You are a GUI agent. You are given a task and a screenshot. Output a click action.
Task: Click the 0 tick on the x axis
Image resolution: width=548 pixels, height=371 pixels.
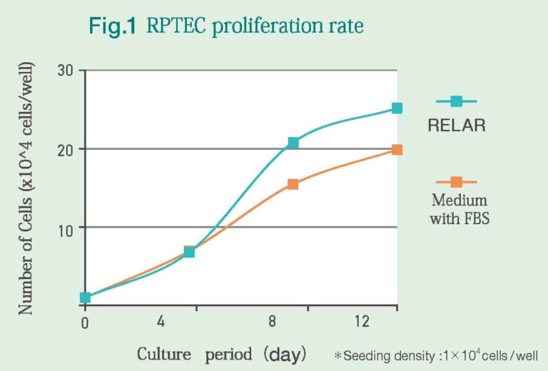click(85, 322)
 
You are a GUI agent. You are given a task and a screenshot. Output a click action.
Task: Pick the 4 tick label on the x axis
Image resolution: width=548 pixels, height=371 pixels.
click(161, 322)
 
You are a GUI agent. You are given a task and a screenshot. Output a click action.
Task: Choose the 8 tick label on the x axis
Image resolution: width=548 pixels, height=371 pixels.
click(273, 322)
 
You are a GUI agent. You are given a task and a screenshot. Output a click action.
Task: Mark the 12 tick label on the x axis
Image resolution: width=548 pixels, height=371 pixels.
click(362, 322)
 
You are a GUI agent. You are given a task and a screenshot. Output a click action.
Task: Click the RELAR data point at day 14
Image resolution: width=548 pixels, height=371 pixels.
click(397, 108)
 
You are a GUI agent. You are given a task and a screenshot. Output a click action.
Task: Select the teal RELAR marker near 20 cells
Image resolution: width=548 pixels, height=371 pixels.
click(293, 143)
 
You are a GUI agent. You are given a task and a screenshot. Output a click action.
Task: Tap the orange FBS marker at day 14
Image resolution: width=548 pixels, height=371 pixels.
click(397, 150)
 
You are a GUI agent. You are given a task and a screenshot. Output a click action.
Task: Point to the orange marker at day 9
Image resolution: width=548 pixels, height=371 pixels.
click(293, 184)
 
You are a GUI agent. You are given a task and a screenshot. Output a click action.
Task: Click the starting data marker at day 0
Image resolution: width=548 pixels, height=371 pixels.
click(85, 298)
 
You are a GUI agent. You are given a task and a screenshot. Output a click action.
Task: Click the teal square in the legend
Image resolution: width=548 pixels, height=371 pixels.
click(457, 101)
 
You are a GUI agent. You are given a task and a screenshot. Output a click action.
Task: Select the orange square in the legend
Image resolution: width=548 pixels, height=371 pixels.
click(457, 182)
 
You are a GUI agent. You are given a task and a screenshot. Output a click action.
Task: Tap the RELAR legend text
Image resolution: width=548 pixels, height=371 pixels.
click(457, 127)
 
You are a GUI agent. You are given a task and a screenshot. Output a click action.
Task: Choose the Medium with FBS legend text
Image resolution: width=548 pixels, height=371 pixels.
click(459, 208)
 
